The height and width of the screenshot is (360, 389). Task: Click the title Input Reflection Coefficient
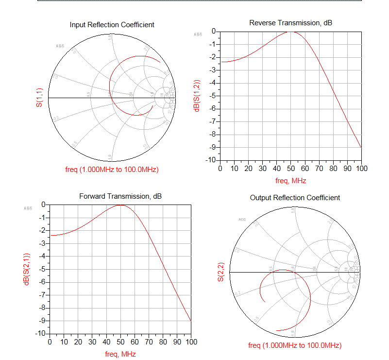(x=112, y=25)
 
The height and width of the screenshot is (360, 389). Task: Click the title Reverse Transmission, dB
(x=290, y=23)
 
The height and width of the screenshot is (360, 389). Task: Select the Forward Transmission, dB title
(x=120, y=196)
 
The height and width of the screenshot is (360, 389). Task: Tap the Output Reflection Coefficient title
(x=295, y=198)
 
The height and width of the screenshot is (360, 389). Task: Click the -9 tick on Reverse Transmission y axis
(x=212, y=147)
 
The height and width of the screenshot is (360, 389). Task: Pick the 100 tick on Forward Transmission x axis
(x=191, y=342)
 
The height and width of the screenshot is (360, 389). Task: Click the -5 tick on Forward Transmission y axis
(x=42, y=269)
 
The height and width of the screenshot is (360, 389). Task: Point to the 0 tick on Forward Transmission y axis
(x=44, y=205)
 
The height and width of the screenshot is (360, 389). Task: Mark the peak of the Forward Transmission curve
(x=120, y=205)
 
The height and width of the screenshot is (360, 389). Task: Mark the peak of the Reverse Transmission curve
(x=290, y=31)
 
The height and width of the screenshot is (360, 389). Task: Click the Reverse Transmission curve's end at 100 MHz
(x=361, y=147)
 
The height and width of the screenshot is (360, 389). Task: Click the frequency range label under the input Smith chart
(x=112, y=170)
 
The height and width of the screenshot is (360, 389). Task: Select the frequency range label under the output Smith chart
(x=295, y=345)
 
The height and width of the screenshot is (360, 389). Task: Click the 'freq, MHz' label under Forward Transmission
(x=120, y=354)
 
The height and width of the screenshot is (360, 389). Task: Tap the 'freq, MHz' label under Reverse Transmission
(x=291, y=180)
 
